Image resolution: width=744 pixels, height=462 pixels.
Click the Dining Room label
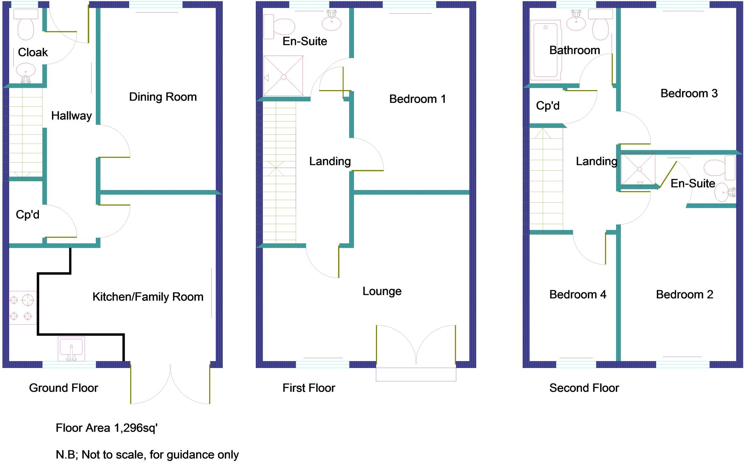click(x=163, y=97)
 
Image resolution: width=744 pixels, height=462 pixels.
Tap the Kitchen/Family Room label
click(x=148, y=297)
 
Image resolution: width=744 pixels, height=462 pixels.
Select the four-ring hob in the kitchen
click(x=22, y=308)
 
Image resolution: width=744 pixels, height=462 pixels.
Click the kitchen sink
click(x=71, y=349)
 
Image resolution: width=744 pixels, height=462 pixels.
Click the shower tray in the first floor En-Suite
click(x=283, y=76)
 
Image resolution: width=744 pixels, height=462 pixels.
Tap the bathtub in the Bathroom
click(x=545, y=50)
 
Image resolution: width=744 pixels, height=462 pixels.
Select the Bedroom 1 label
click(x=417, y=99)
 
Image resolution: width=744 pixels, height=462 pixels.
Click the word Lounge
click(x=382, y=291)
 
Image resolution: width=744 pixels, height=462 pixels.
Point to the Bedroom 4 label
click(x=578, y=294)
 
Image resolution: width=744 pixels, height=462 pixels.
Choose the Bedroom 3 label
click(x=689, y=93)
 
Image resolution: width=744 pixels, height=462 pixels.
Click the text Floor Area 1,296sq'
click(x=106, y=428)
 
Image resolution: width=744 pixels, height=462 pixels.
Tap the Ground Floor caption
click(x=64, y=388)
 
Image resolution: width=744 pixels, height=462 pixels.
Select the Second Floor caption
click(x=584, y=388)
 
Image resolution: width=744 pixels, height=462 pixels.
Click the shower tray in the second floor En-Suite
click(x=638, y=169)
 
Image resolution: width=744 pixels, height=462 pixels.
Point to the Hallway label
click(x=71, y=116)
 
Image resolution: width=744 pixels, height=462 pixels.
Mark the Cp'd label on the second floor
click(x=547, y=106)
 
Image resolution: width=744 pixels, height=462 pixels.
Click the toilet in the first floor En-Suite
click(x=280, y=27)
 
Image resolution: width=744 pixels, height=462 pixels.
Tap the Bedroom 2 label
click(x=684, y=294)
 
